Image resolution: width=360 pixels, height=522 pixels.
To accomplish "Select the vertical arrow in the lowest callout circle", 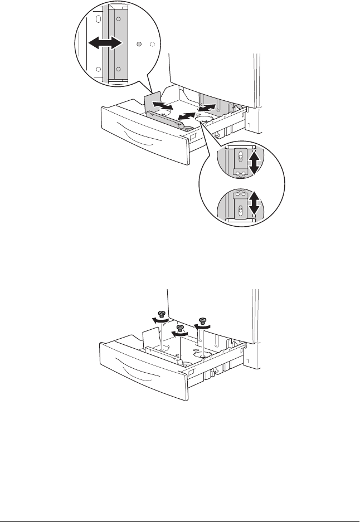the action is [254, 204].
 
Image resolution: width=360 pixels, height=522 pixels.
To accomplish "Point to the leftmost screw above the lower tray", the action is [162, 314].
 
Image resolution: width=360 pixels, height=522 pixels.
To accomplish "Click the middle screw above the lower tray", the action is [180, 329].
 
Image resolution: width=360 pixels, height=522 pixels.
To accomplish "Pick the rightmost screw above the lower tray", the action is [202, 321].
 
